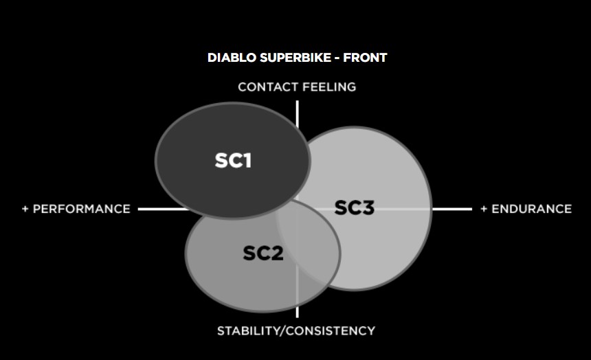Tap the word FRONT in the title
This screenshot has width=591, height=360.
365,58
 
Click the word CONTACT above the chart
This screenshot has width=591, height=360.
268,87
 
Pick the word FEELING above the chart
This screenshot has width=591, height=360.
329,87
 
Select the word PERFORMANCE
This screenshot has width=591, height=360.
81,209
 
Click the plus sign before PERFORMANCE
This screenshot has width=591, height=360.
25,209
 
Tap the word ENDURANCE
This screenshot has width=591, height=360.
531,209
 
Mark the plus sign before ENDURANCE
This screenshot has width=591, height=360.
484,209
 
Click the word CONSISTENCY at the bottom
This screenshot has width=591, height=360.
331,330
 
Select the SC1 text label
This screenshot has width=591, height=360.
233,161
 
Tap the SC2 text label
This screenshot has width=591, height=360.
263,253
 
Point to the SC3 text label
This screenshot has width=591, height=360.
355,207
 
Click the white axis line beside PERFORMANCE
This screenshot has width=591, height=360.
163,209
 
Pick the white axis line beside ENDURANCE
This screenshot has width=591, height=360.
452,209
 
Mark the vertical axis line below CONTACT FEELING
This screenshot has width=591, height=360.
298,114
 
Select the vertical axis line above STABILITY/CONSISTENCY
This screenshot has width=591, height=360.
298,312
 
